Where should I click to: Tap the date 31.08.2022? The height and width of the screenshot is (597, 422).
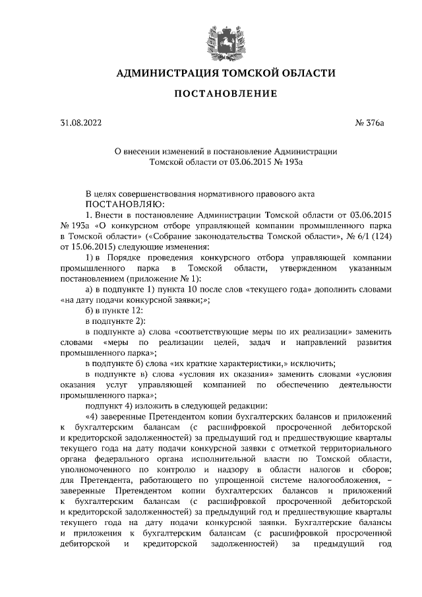click(78, 123)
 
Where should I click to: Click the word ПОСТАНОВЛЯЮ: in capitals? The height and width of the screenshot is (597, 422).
click(128, 205)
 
